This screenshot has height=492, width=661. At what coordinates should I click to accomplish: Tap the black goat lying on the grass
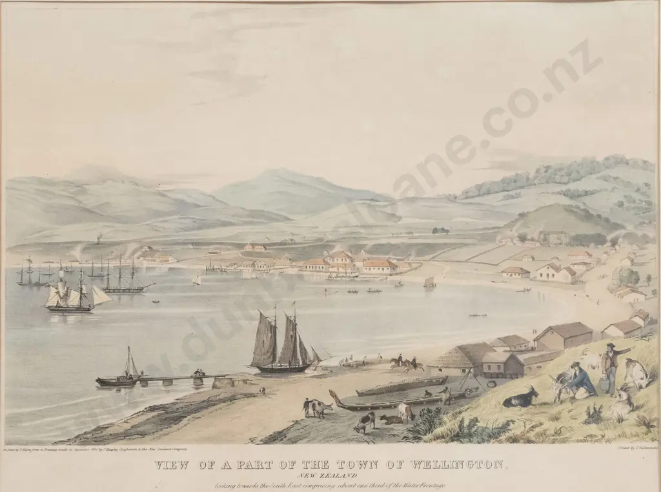(x=520, y=399)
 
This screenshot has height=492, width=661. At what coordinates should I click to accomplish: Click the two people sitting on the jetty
(x=199, y=373)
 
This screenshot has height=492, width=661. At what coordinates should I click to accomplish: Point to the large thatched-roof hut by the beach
(x=460, y=359)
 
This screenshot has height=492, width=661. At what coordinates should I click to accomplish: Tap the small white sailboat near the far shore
(x=197, y=279)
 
